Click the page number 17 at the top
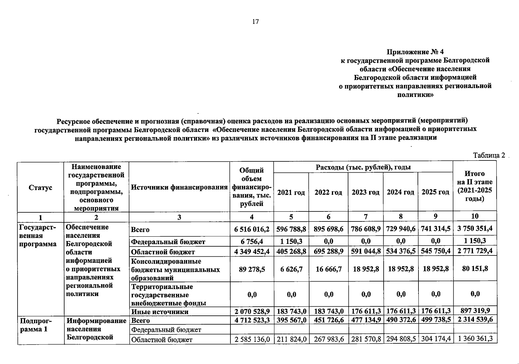point(255,22)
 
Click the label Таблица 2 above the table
point(489,155)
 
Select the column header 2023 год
point(365,193)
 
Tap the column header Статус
point(40,187)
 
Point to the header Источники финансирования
point(179,187)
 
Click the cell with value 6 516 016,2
point(252,229)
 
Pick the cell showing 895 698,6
point(328,229)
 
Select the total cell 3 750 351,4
point(475,228)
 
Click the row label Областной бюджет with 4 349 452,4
point(163,252)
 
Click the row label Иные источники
point(160,312)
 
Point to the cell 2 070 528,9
point(252,311)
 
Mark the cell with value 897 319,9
point(475,311)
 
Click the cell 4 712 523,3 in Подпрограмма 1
point(252,320)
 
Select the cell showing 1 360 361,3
point(475,339)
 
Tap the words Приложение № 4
point(415,52)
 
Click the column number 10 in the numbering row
point(475,216)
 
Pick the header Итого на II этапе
point(475,186)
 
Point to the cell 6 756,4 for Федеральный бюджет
point(252,241)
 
